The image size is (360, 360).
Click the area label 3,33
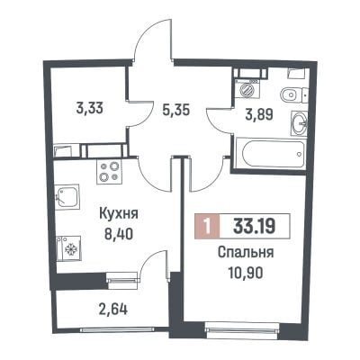[90, 108]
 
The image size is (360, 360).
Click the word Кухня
[119, 214]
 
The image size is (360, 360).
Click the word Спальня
[246, 253]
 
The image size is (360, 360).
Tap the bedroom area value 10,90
[246, 273]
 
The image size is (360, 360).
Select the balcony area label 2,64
[113, 309]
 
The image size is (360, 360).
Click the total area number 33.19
[255, 227]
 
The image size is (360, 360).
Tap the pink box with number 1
[207, 227]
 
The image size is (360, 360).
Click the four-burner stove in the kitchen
[109, 171]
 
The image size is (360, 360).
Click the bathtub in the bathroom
[271, 154]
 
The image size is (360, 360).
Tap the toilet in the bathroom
[293, 95]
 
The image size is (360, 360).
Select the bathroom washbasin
[299, 122]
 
